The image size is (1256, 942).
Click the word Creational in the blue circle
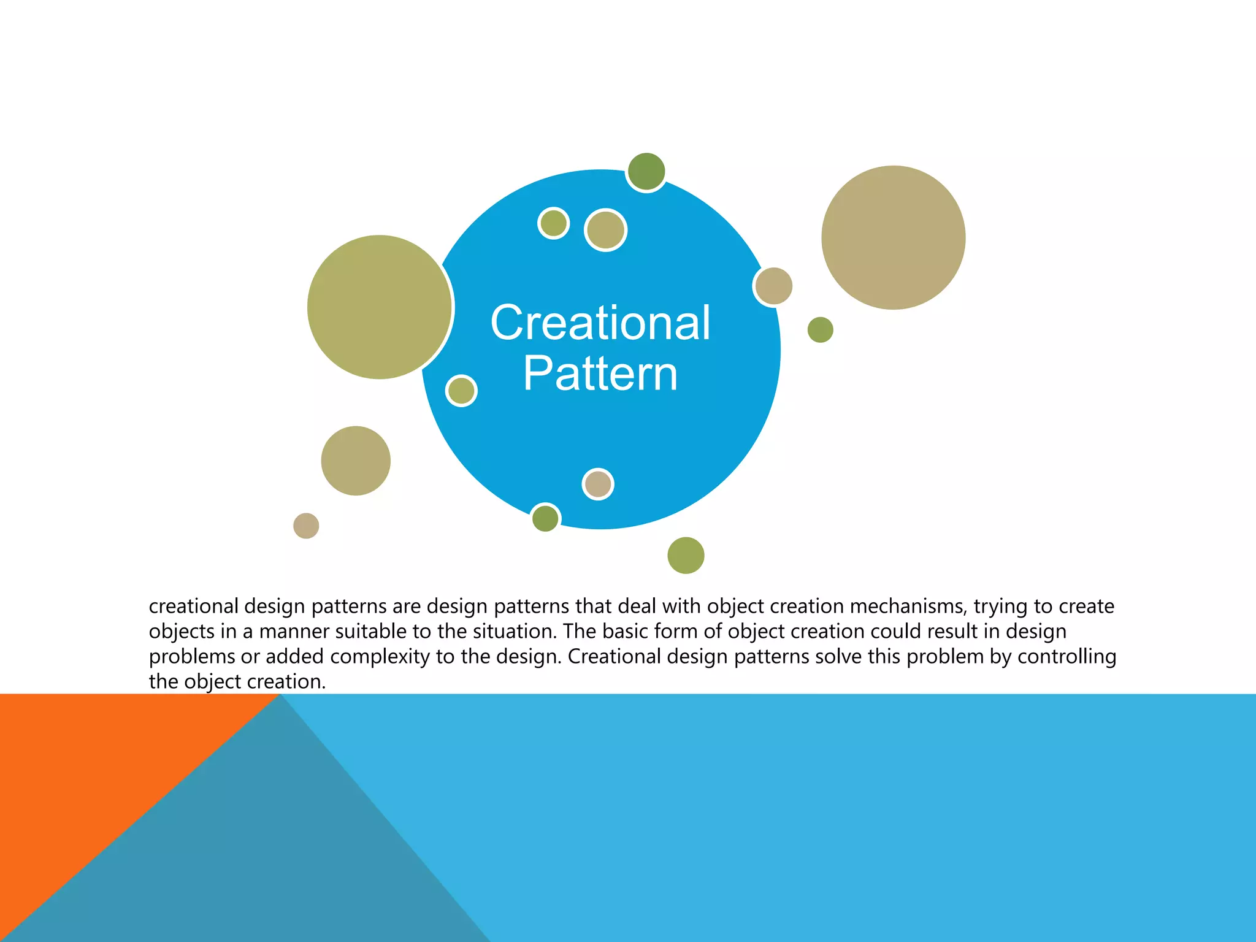point(600,323)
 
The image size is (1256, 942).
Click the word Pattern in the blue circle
point(600,373)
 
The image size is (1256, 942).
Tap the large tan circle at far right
point(893,237)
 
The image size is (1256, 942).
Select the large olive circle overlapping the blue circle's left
point(379,307)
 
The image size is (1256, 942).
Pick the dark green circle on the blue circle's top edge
point(646,171)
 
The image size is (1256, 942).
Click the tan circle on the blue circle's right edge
point(773,286)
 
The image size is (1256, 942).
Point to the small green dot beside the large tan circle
point(820,330)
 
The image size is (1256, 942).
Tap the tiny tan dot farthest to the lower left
point(306,526)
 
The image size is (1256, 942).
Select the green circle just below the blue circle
point(686,555)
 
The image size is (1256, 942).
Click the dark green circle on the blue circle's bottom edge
point(545,518)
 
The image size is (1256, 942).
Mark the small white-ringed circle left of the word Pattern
point(461,391)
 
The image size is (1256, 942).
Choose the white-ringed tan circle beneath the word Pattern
point(598,484)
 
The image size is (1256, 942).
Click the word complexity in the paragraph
point(380,656)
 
